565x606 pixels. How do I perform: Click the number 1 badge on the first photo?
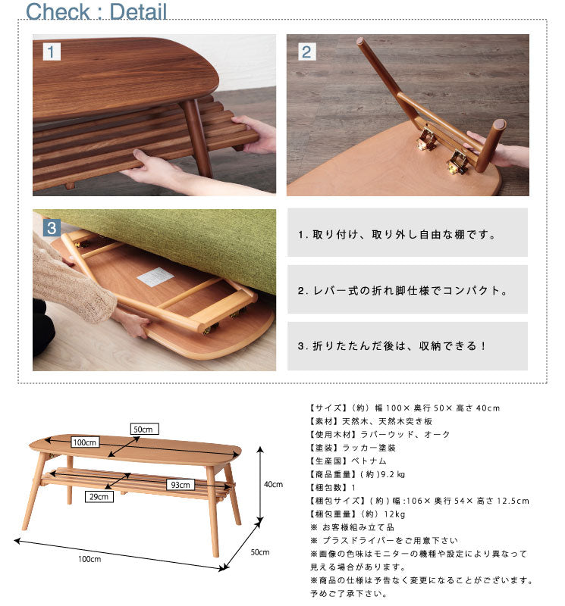50,52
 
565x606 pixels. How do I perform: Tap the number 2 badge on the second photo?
306,52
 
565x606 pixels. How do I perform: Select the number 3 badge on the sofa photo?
51,227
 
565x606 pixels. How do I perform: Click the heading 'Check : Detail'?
96,11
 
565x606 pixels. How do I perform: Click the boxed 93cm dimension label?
180,485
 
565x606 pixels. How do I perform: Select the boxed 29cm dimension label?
100,497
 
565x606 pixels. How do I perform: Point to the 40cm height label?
273,484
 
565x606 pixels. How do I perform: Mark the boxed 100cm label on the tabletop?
85,442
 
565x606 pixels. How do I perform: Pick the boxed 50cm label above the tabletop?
144,428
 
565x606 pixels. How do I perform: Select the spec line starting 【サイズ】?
405,408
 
